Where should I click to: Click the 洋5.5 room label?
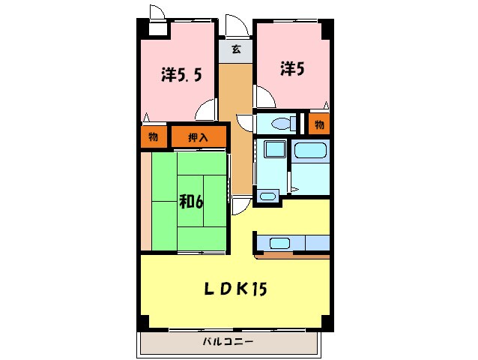(x=181, y=75)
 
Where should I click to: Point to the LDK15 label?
(x=236, y=288)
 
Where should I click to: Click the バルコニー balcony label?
(x=228, y=342)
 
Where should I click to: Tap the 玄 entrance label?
(x=236, y=50)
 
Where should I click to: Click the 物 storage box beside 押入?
(x=153, y=136)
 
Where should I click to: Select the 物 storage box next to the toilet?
(x=319, y=123)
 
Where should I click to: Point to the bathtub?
(x=311, y=150)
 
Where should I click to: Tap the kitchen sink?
(x=280, y=243)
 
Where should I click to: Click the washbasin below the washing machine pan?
(x=267, y=196)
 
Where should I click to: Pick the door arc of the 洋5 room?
(x=263, y=97)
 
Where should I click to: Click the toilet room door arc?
(x=245, y=124)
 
